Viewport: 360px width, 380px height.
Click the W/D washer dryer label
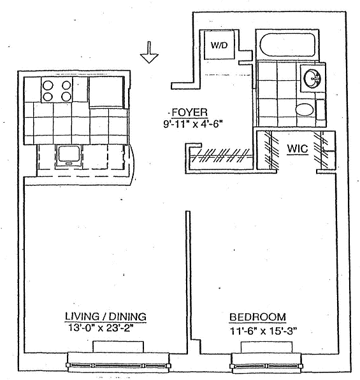pos(219,45)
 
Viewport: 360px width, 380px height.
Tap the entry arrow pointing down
pos(149,52)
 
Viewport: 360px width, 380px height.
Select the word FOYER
pos(189,113)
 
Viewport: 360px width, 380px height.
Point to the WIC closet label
pos(298,148)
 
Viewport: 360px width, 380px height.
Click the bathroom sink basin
pos(312,79)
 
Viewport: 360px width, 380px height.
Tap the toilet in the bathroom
pos(305,109)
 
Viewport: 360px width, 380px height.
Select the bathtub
pos(287,45)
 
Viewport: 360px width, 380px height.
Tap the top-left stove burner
pos(48,85)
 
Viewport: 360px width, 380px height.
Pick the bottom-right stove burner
pos(66,97)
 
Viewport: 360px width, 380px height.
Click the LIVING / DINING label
pos(106,317)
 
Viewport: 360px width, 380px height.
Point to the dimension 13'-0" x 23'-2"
pos(101,328)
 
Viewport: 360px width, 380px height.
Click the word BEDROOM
pos(257,317)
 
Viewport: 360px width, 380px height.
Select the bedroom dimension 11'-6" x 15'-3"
pos(263,331)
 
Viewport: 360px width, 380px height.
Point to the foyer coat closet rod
pos(220,157)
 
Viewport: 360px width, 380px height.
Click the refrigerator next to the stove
pos(107,92)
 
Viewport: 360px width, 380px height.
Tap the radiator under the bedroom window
pos(266,347)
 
